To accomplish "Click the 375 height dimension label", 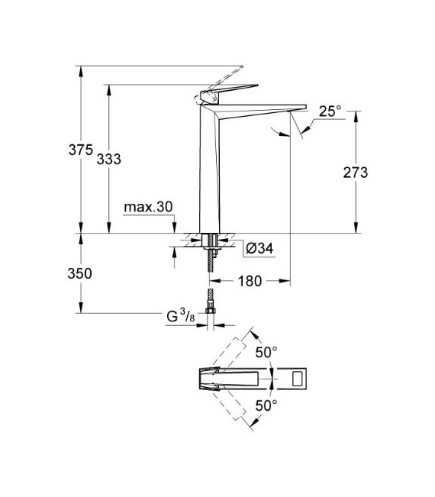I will [80, 150].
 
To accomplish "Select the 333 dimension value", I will [109, 158].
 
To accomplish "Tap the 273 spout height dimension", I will [355, 173].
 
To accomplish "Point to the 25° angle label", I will [330, 111].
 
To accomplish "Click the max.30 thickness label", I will [149, 208].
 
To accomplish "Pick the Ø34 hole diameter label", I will [259, 247].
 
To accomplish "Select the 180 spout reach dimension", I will [250, 281].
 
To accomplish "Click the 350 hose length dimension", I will [80, 273].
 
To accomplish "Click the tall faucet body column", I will [210, 168].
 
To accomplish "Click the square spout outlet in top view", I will [295, 377].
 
